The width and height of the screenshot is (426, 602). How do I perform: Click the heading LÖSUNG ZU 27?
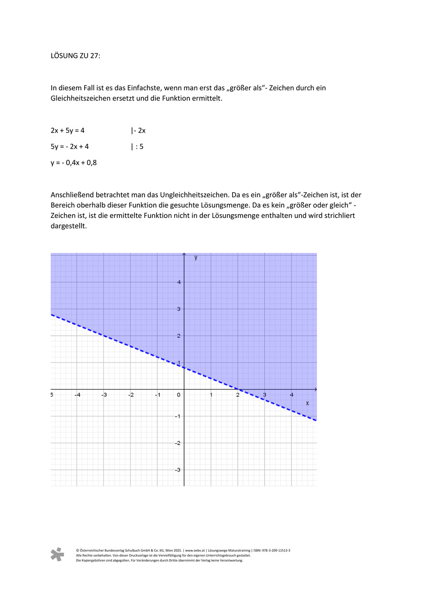click(x=76, y=55)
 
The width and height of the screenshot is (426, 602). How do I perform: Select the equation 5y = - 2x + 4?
click(x=70, y=147)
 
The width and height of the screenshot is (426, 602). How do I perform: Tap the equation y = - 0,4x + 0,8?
click(x=74, y=163)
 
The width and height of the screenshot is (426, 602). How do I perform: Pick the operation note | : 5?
click(x=137, y=147)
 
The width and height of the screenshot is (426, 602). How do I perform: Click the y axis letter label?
click(x=196, y=257)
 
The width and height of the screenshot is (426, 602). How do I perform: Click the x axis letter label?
click(x=307, y=404)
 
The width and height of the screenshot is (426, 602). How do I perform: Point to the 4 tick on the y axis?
click(x=179, y=282)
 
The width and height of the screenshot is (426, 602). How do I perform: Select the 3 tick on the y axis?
click(x=179, y=309)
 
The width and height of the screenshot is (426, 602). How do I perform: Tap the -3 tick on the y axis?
click(x=177, y=470)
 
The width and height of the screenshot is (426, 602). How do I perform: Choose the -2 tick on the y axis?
click(x=177, y=443)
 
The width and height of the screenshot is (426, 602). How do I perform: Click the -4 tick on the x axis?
click(x=77, y=395)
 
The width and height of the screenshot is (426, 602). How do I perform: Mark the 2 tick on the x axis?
click(x=237, y=395)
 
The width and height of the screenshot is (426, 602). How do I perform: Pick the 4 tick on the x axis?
click(x=291, y=395)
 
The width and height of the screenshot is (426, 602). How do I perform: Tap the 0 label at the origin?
click(x=179, y=395)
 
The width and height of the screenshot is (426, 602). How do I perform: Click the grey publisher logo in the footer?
click(x=57, y=555)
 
